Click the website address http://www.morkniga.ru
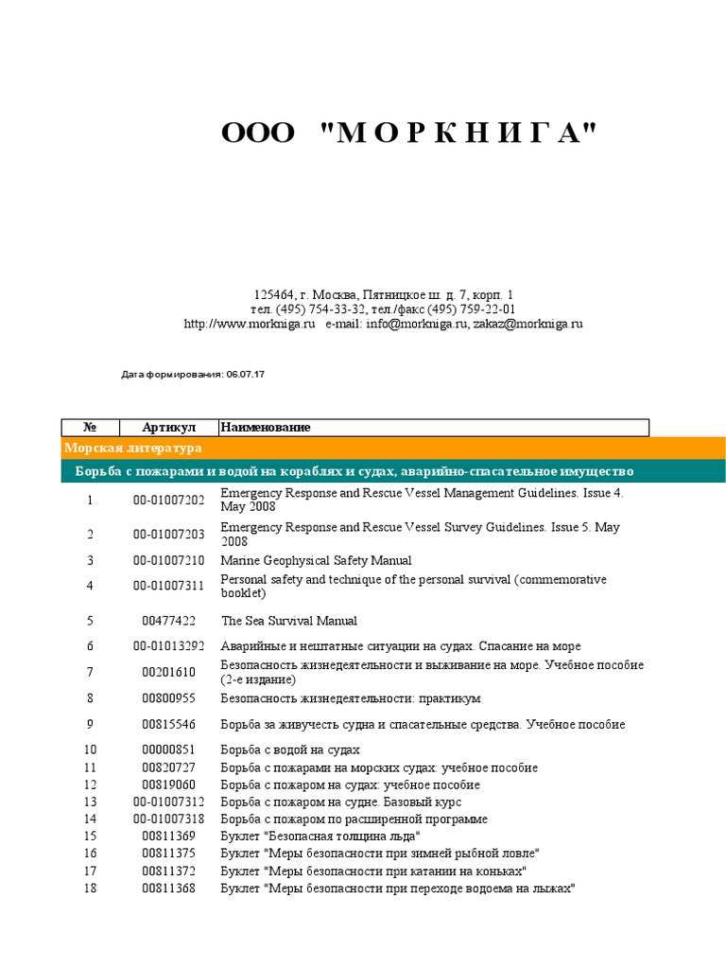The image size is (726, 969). pos(249,324)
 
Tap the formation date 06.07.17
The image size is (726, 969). pos(246,375)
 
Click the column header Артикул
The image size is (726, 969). pos(168,428)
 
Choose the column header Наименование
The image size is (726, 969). pos(266,428)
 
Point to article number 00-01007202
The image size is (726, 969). pos(168,500)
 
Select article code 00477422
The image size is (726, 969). pos(168,621)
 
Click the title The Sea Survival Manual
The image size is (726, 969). pos(289,621)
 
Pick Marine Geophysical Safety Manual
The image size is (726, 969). pos(316,560)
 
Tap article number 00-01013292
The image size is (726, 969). pos(168,646)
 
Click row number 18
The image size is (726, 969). pos(91,889)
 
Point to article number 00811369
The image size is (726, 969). pos(168,837)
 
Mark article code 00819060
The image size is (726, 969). pos(168,784)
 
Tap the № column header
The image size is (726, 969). pos(91,428)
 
